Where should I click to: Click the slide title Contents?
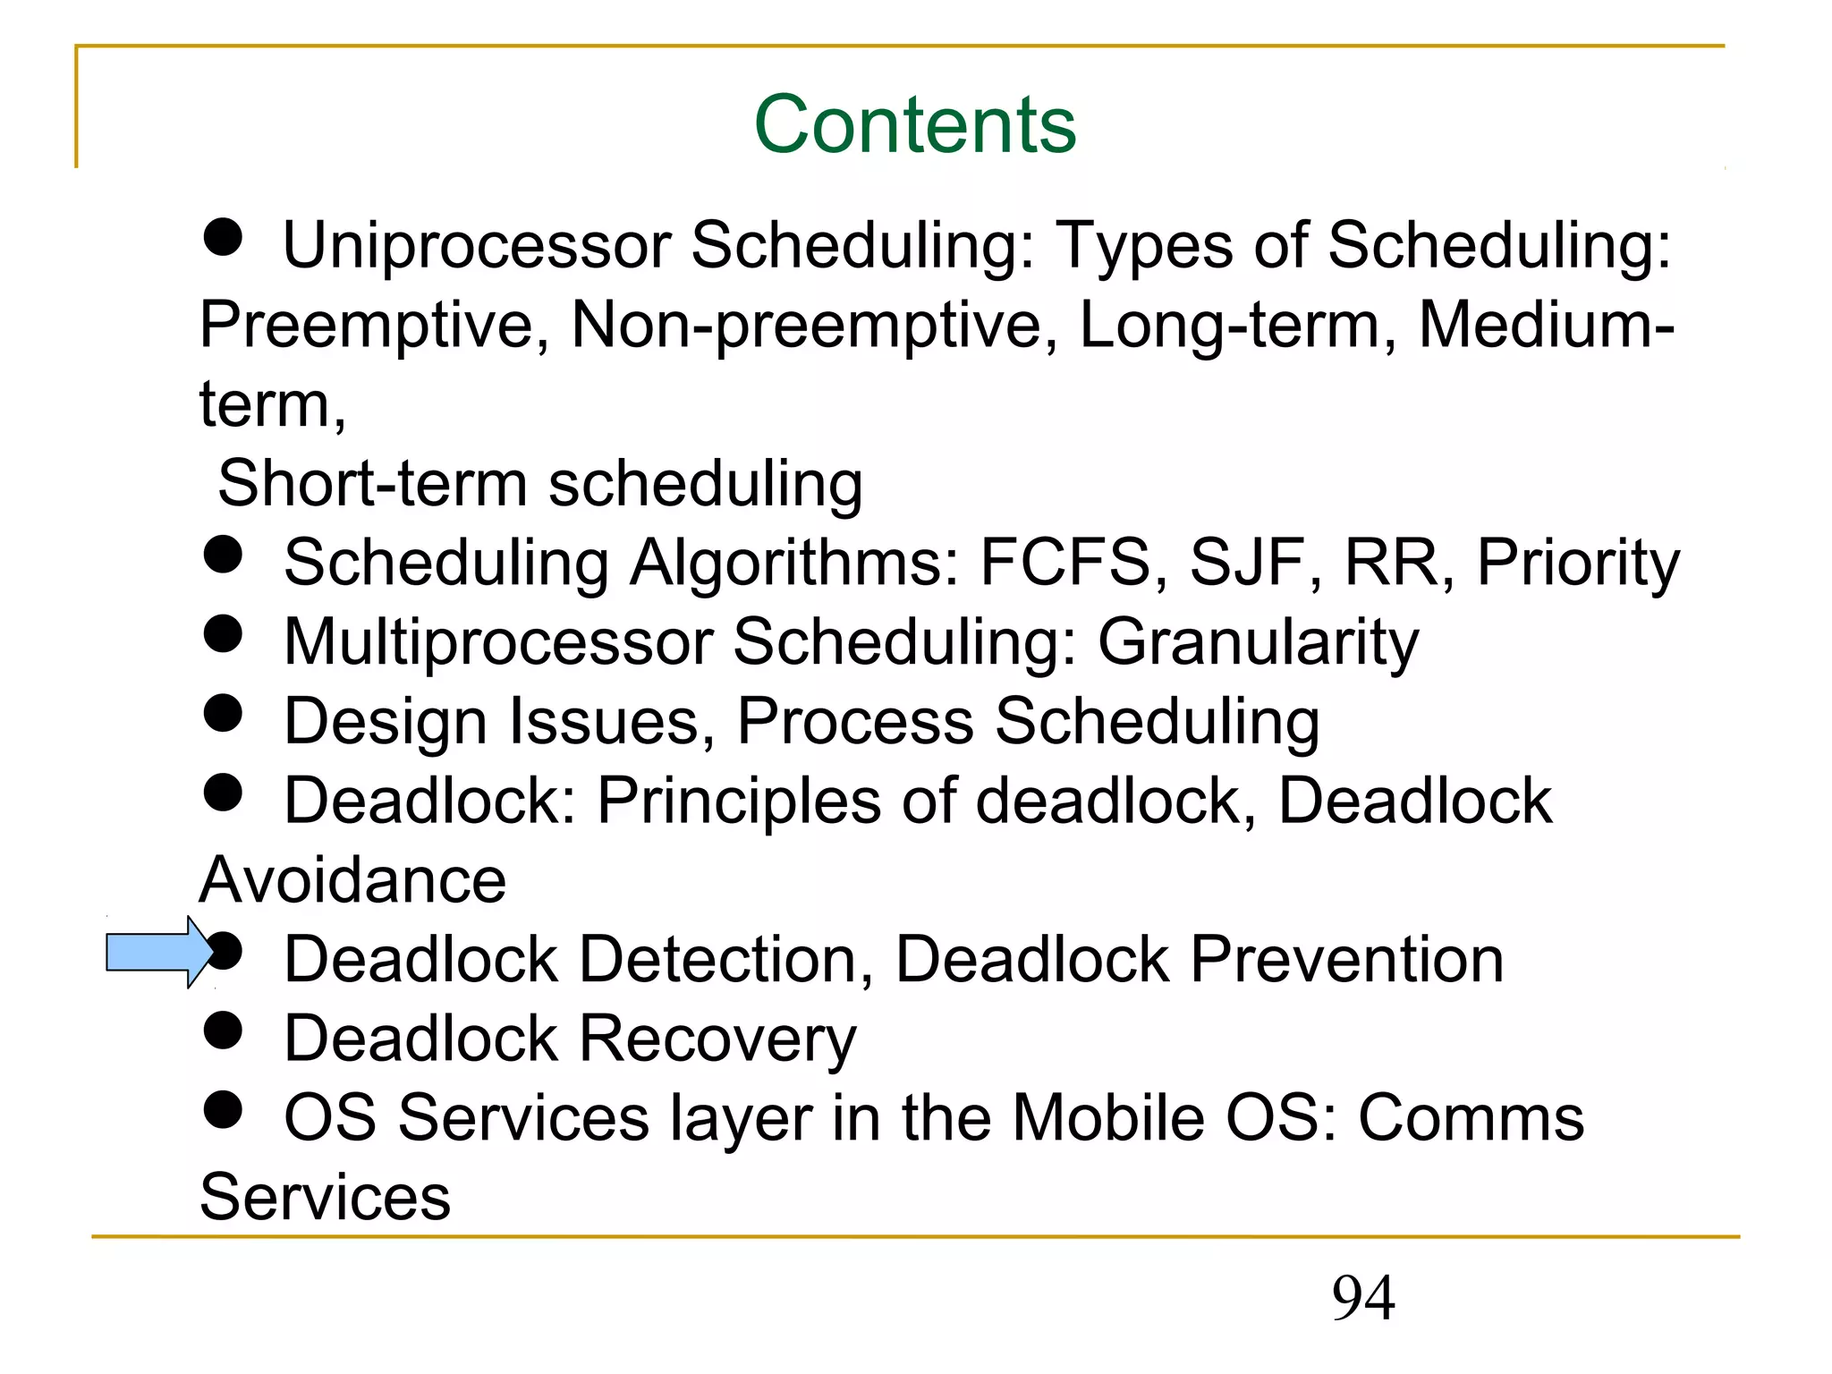coord(915,124)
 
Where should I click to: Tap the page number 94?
coord(1362,1298)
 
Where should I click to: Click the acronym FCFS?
coord(1064,563)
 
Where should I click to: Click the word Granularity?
coord(1258,643)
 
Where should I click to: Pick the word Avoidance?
coord(352,880)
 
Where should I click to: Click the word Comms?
coord(1471,1118)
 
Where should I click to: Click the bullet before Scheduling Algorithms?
coord(223,555)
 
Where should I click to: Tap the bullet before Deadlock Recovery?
coord(223,1030)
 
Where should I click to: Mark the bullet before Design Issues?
coord(223,713)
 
